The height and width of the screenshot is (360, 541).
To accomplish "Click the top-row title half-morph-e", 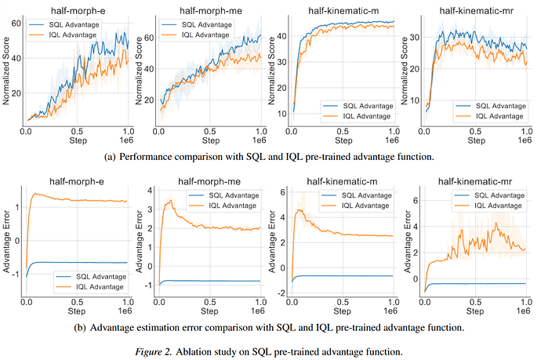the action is click(78, 11).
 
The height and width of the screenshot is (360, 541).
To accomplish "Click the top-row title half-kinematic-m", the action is click(343, 11).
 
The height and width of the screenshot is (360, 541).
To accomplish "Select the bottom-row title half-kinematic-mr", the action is click(475, 181).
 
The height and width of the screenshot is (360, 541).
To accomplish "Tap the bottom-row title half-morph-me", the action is click(209, 181).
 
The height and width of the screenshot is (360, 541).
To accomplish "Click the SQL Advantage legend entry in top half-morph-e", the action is click(64, 24).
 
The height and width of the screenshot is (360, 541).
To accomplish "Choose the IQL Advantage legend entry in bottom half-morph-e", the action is click(90, 287).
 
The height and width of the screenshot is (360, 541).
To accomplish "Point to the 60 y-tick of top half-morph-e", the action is click(16, 24).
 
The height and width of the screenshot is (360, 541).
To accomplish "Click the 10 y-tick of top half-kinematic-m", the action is click(281, 114).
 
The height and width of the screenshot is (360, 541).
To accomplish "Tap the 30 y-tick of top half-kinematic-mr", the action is click(415, 37).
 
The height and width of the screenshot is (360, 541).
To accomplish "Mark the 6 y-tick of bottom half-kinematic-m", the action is click(283, 192).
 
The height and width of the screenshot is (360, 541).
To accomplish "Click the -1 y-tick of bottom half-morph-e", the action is click(16, 275).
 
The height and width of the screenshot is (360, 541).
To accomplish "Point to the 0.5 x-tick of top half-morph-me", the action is click(210, 132).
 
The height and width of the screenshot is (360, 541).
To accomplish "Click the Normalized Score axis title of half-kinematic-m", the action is click(271, 71).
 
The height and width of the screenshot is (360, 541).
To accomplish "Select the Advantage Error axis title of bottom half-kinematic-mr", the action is click(408, 242).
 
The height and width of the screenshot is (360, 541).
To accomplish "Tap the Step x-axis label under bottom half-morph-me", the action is click(209, 311).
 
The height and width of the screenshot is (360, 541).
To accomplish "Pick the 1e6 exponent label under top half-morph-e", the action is click(126, 140).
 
